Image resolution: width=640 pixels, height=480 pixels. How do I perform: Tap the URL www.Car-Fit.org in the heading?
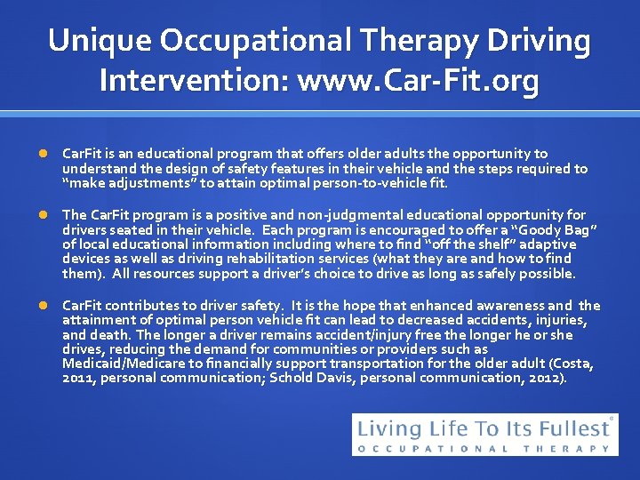coord(419,81)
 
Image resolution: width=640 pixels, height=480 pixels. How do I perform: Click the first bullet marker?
coord(45,154)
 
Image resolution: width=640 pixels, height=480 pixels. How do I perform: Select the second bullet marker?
coord(45,215)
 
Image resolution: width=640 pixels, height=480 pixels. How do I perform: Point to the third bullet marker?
coord(45,306)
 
